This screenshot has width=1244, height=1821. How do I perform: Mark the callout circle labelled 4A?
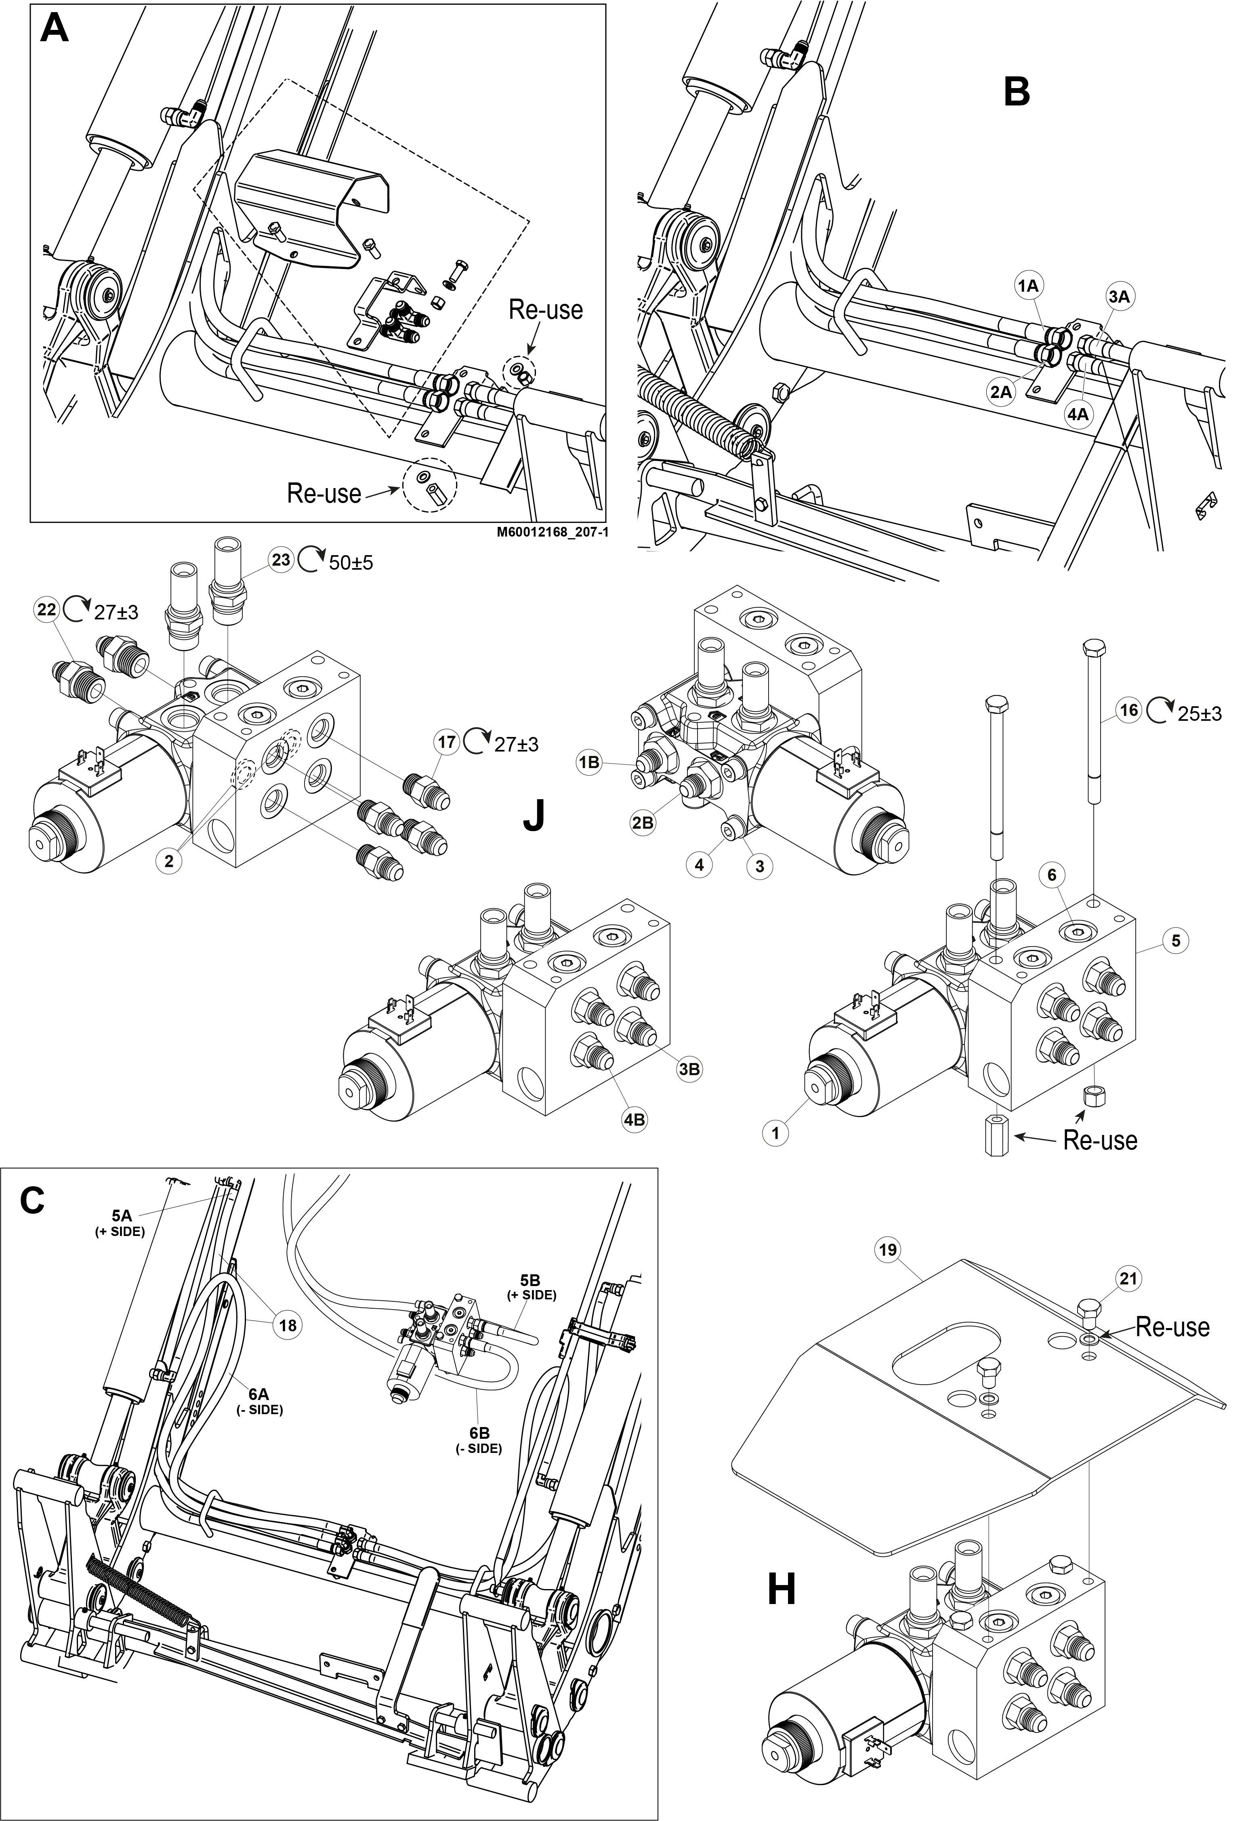point(1078,414)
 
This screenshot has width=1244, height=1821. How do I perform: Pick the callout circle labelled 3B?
point(689,1069)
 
